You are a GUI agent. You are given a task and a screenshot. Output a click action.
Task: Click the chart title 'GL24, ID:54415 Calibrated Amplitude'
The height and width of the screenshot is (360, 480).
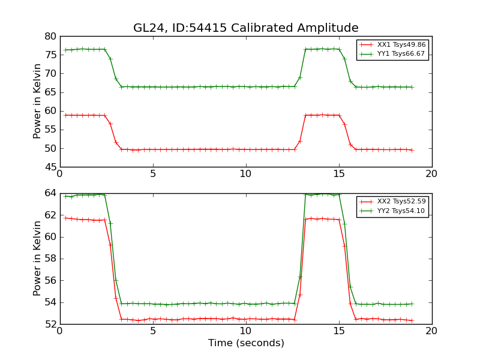pyautogui.click(x=245, y=28)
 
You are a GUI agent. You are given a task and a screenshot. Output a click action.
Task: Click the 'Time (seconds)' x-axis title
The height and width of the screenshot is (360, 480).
pyautogui.click(x=246, y=343)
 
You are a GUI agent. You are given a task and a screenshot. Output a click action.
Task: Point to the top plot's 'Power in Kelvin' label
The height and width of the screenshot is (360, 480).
pyautogui.click(x=38, y=101)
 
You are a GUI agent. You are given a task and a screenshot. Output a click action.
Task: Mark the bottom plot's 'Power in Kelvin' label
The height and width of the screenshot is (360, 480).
pyautogui.click(x=38, y=258)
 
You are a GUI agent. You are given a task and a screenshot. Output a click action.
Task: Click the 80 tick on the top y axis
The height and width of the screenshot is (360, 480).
pyautogui.click(x=50, y=36)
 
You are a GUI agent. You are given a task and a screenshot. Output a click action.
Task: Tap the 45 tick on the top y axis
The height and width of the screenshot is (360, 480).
pyautogui.click(x=50, y=167)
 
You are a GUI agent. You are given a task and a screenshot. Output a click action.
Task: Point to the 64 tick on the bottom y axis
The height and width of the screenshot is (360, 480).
pyautogui.click(x=50, y=193)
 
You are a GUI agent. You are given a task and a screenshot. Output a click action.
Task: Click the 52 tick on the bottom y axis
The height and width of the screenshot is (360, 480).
pyautogui.click(x=50, y=324)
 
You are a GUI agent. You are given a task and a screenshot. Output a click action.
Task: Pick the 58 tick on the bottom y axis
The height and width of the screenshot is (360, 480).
pyautogui.click(x=50, y=259)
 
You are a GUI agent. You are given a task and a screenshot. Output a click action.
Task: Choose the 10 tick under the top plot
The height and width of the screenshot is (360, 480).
pyautogui.click(x=245, y=174)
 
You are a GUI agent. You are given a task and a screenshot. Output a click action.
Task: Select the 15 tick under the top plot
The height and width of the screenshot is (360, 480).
pyautogui.click(x=338, y=174)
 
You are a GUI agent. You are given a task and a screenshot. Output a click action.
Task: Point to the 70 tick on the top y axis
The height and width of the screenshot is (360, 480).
pyautogui.click(x=50, y=74)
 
